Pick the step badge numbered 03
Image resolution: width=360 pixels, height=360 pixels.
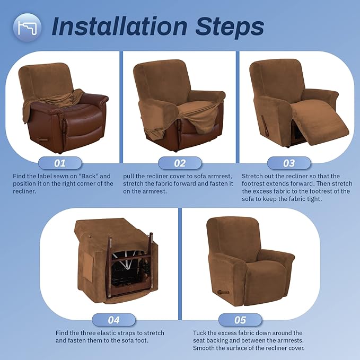[x=289, y=162]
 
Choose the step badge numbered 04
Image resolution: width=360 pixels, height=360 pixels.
[x=114, y=320]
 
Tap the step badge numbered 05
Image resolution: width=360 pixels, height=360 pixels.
[x=241, y=320]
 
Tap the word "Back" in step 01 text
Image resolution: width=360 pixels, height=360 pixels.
[x=99, y=176]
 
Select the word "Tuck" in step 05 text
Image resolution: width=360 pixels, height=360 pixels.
[x=201, y=333]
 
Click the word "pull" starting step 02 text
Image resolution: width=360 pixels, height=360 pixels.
[x=130, y=176]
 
